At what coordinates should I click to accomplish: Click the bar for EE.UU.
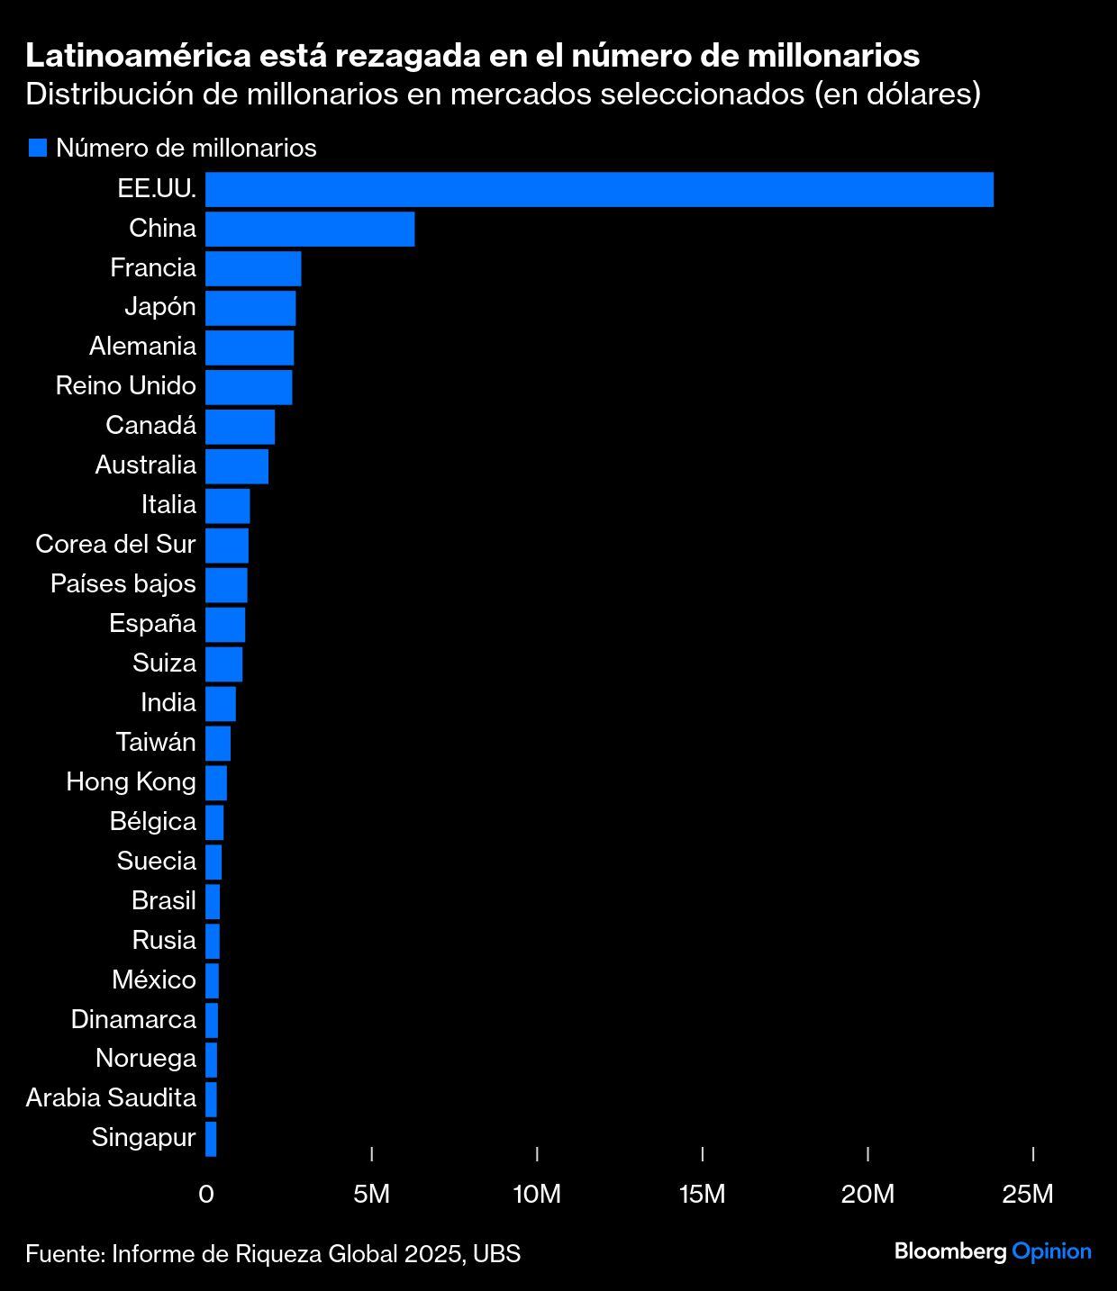pyautogui.click(x=599, y=189)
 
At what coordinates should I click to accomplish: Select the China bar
pyautogui.click(x=310, y=229)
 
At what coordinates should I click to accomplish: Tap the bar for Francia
pyautogui.click(x=253, y=268)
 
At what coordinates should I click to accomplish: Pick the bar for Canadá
pyautogui.click(x=240, y=427)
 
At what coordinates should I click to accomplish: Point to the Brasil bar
pyautogui.click(x=213, y=901)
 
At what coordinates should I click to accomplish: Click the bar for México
pyautogui.click(x=213, y=980)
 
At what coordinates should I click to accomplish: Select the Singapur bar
pyautogui.click(x=211, y=1139)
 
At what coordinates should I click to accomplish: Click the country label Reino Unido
pyautogui.click(x=125, y=385)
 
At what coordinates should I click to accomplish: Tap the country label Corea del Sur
pyautogui.click(x=115, y=544)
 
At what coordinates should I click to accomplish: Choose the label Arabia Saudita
pyautogui.click(x=111, y=1097)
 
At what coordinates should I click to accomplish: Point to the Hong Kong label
pyautogui.click(x=131, y=781)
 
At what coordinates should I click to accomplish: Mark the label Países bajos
pyautogui.click(x=123, y=583)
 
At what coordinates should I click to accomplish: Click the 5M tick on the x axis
pyautogui.click(x=371, y=1194)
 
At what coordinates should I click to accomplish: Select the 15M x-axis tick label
pyautogui.click(x=702, y=1194)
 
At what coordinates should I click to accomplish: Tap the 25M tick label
pyautogui.click(x=1028, y=1194)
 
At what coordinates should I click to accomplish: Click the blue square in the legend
pyautogui.click(x=37, y=148)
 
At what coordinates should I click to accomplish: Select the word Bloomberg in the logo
pyautogui.click(x=949, y=1251)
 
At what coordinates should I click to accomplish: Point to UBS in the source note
pyautogui.click(x=496, y=1253)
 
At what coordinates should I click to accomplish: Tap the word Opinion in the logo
pyautogui.click(x=1051, y=1251)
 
